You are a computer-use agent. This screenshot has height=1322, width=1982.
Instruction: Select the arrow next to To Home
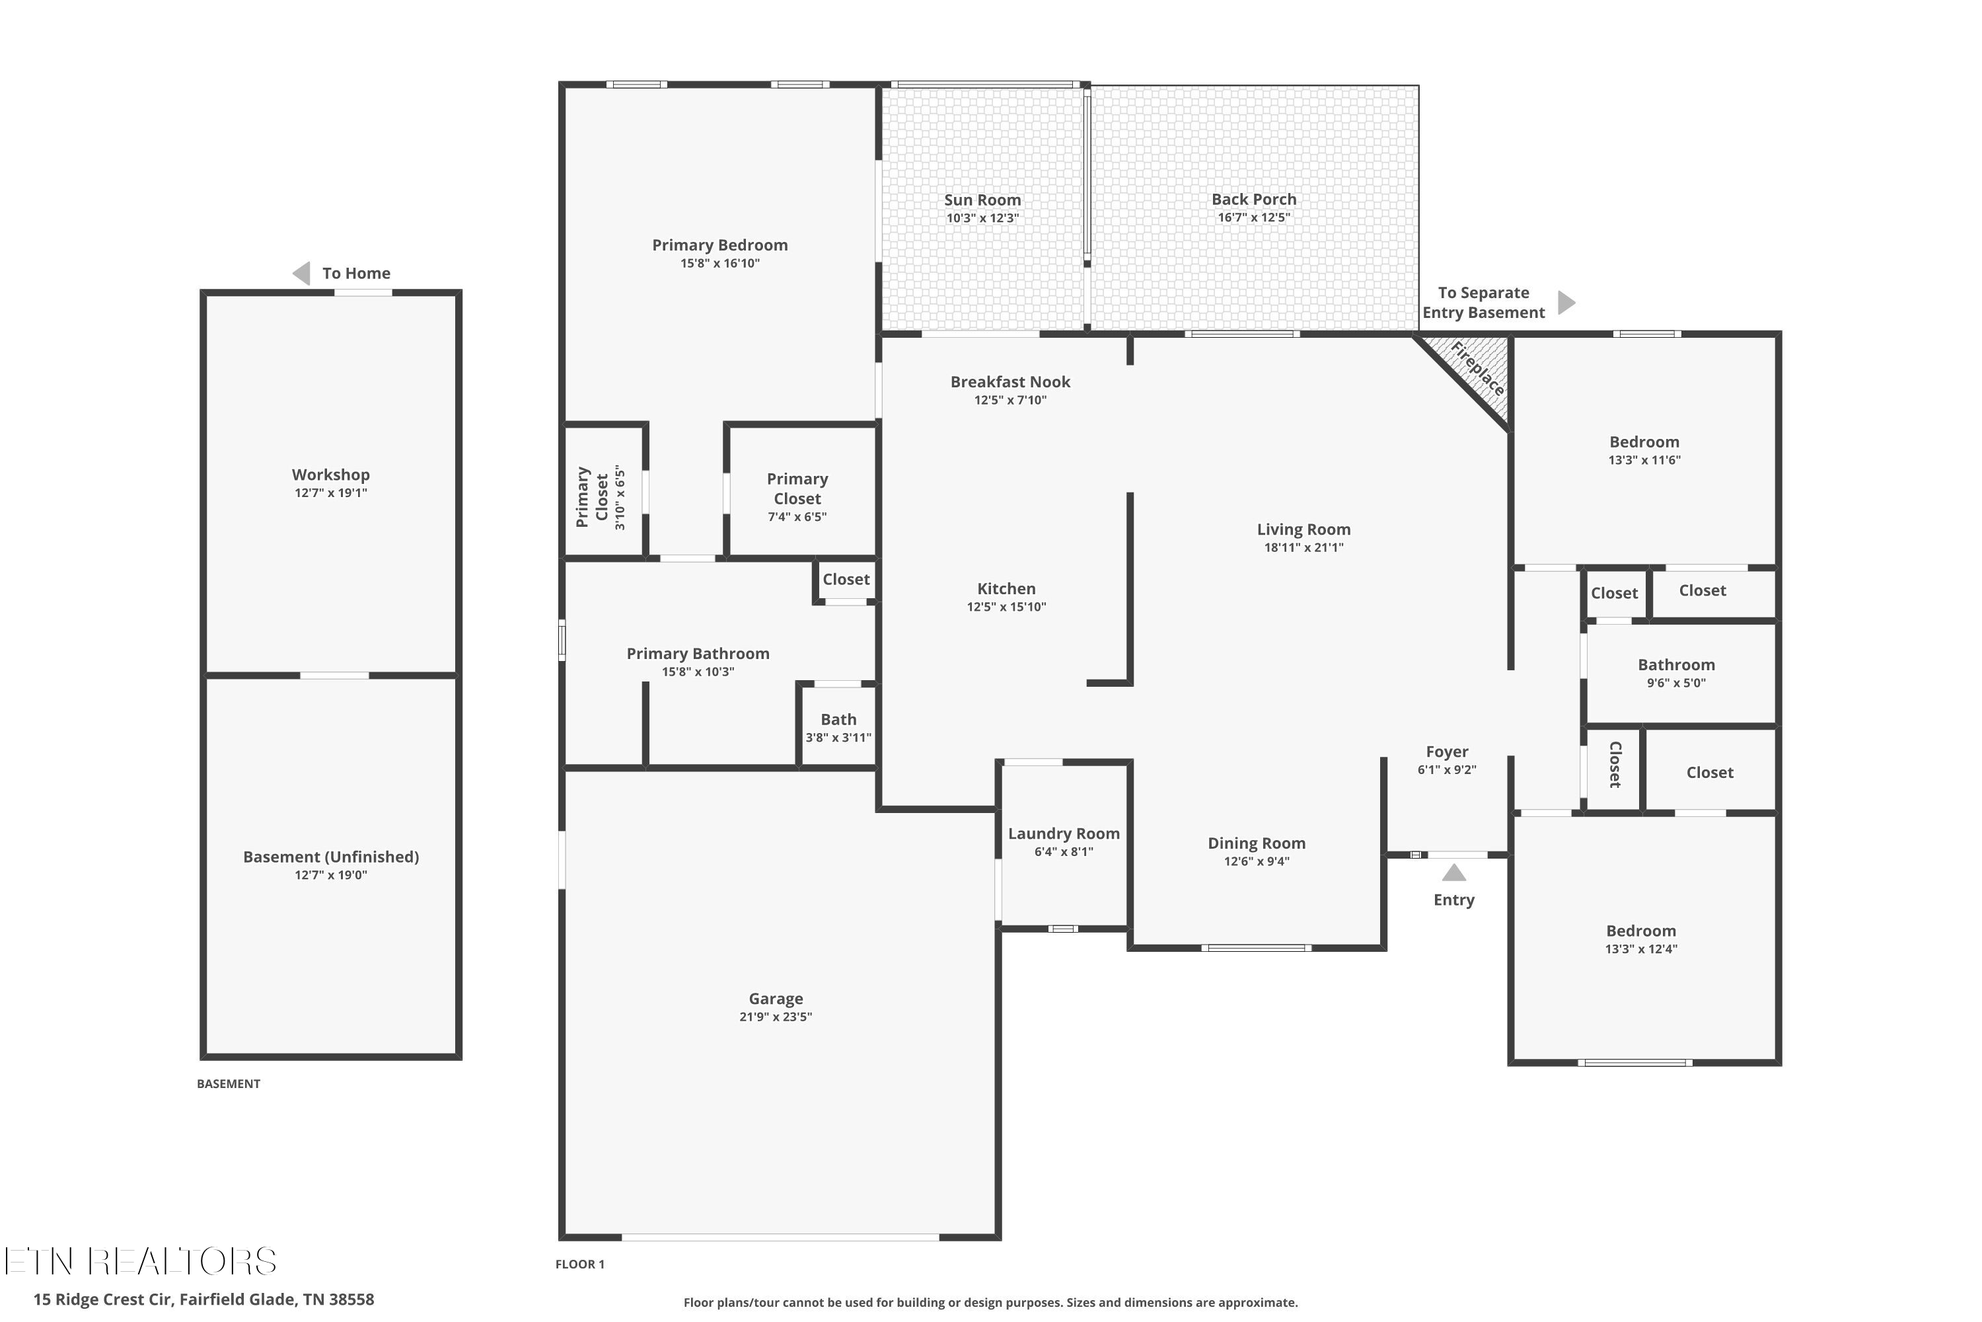click(301, 273)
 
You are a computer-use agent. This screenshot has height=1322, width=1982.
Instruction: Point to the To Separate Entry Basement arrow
click(1566, 303)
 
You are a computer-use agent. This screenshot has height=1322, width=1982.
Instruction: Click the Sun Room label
click(982, 200)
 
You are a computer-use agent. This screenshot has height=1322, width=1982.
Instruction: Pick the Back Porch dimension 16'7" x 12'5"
click(1254, 217)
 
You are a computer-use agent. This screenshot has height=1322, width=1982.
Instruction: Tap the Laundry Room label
click(1064, 834)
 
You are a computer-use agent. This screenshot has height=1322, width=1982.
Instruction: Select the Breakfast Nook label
click(1010, 382)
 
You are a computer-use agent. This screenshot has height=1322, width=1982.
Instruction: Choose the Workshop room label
click(330, 475)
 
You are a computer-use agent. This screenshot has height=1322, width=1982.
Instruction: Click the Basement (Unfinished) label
click(330, 857)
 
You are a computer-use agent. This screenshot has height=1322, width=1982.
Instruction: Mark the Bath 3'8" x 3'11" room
click(838, 726)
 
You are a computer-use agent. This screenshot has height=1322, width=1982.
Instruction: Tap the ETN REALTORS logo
click(140, 1261)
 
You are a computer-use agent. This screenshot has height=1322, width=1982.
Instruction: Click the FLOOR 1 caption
click(580, 1264)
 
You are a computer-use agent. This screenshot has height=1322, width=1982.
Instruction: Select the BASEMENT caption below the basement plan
click(229, 1083)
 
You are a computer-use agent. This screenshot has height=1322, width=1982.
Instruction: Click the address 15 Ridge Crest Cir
click(103, 1300)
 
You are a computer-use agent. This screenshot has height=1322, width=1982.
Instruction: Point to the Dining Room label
click(1257, 843)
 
